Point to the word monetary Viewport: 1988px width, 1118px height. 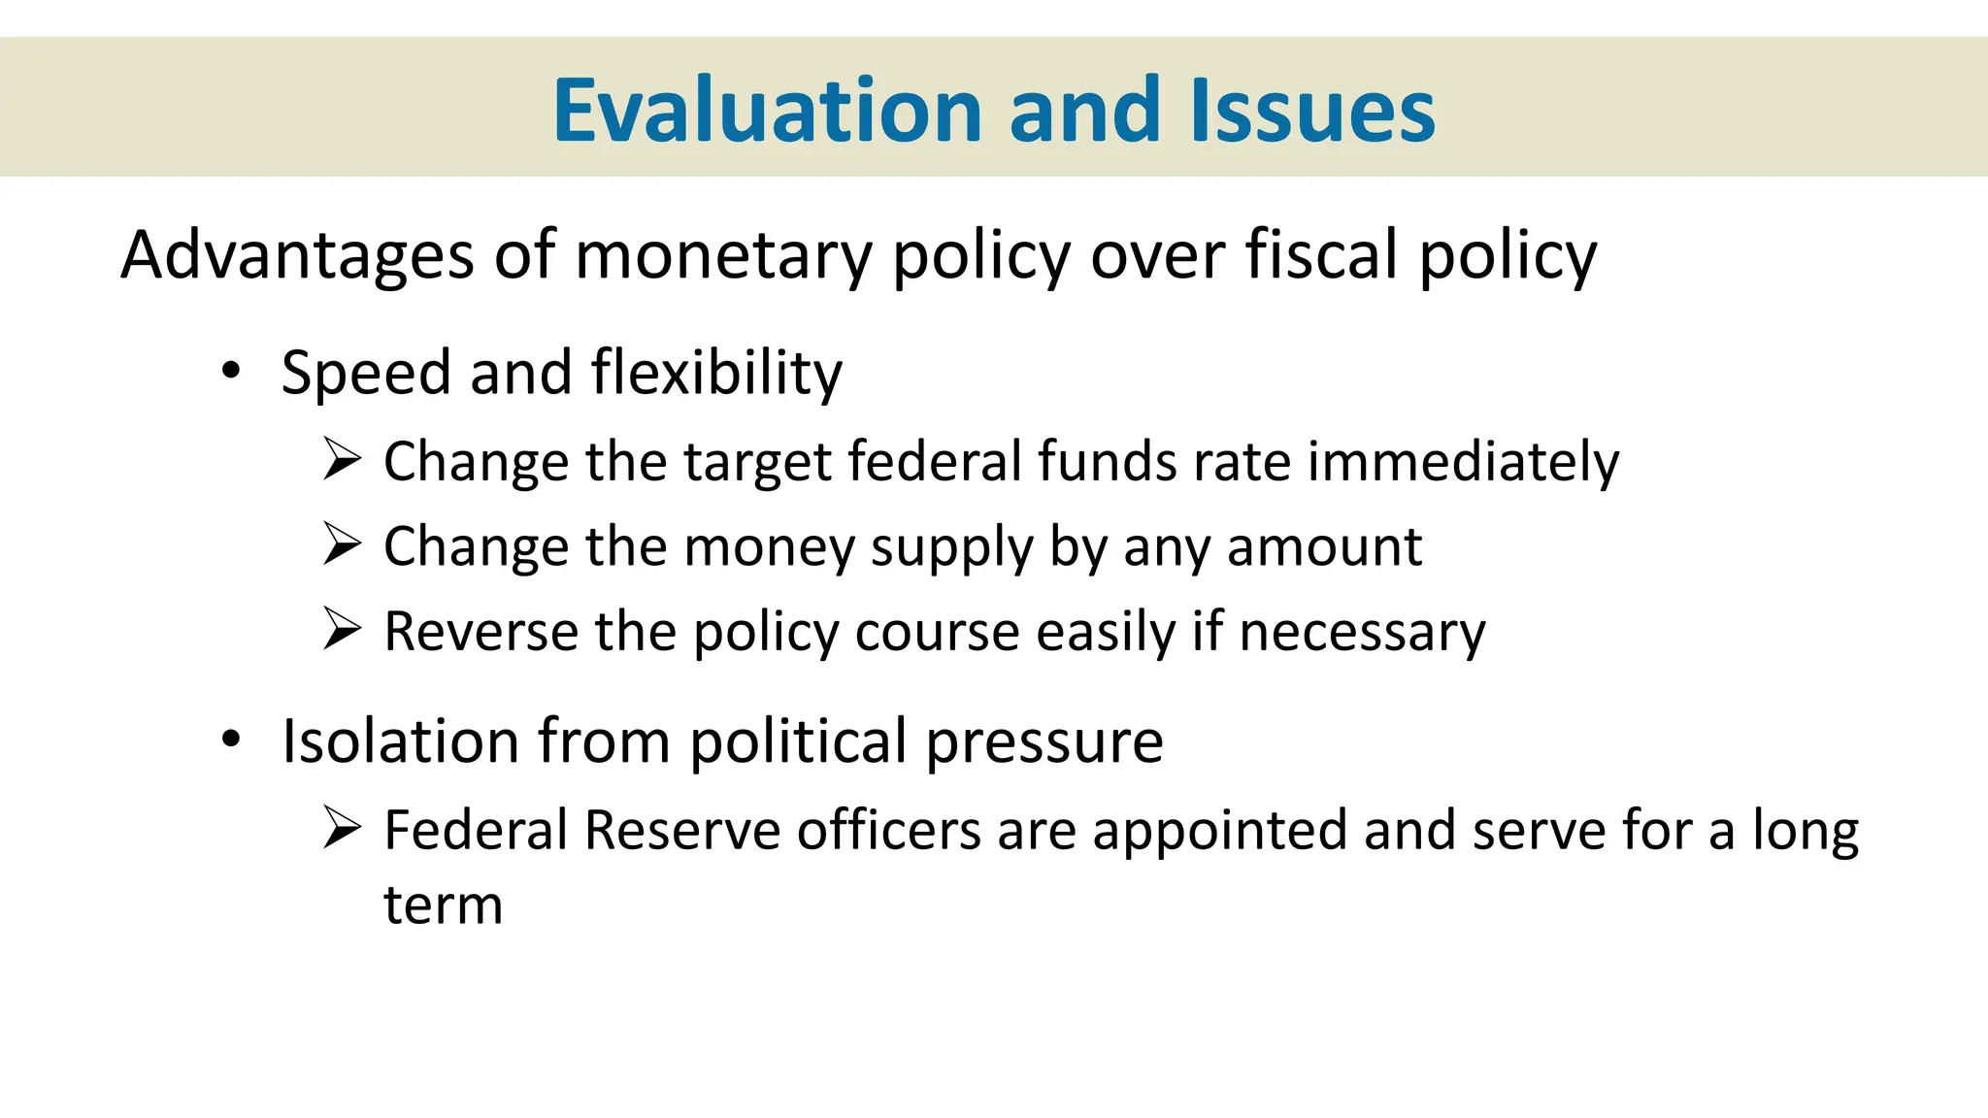[724, 255]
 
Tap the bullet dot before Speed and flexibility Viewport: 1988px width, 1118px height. [230, 371]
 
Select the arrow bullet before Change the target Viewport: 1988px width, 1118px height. [343, 459]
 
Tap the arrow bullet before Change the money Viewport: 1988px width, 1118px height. [343, 544]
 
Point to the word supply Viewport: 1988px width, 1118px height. [952, 548]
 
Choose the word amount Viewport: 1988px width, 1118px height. [1325, 546]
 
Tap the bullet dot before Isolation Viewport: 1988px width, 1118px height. [230, 740]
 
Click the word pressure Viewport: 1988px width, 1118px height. [1044, 742]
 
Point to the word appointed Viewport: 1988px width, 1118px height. [1219, 832]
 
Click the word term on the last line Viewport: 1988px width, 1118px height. [444, 906]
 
